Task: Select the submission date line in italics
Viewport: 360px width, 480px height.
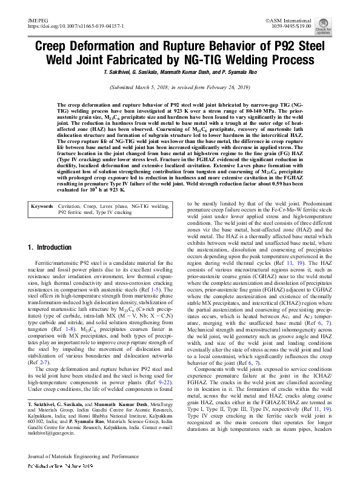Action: pyautogui.click(x=179, y=87)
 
